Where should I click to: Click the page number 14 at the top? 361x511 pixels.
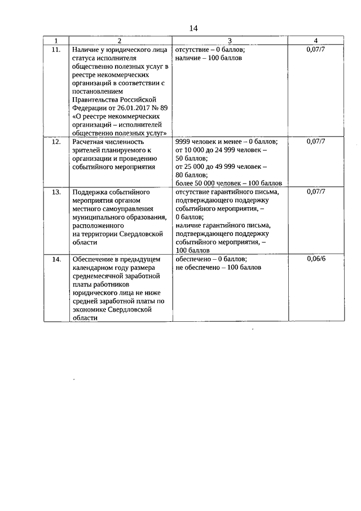point(193,28)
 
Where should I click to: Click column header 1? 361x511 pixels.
point(55,41)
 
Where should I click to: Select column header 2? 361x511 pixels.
point(120,41)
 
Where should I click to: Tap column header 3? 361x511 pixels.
point(230,41)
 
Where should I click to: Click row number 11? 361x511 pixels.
point(55,50)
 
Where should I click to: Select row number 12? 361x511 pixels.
point(55,142)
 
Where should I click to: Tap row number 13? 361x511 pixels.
point(55,192)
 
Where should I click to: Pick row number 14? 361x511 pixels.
point(55,259)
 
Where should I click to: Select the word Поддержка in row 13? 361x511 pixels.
point(92,192)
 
